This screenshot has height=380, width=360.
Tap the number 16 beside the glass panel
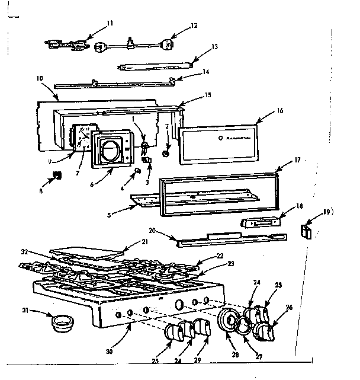pos(279,111)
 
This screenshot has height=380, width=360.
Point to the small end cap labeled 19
pos(307,231)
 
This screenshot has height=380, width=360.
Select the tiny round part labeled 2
pos(167,154)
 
